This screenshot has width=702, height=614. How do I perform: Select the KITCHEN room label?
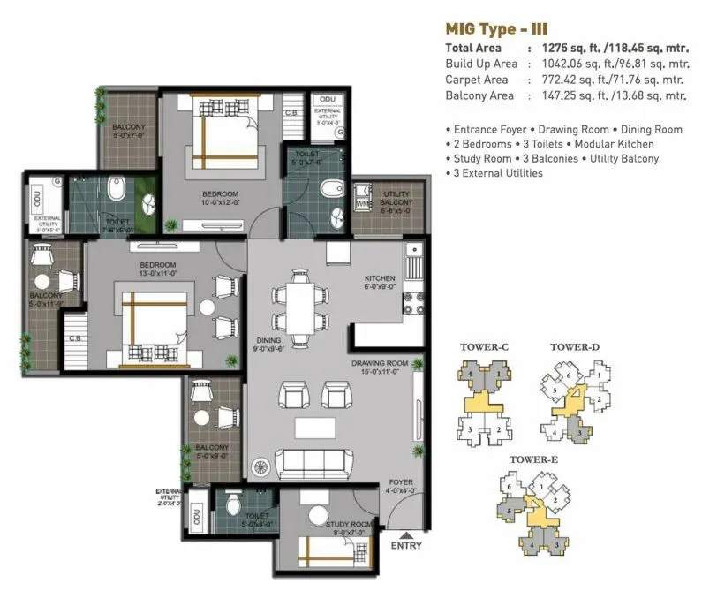pos(380,279)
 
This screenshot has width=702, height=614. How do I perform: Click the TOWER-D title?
pos(575,347)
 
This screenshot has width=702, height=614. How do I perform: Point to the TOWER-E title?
pos(532,460)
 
